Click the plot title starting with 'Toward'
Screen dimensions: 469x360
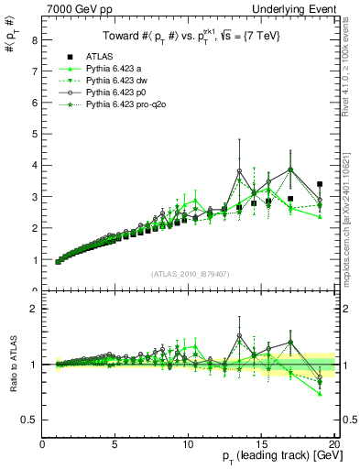(190, 36)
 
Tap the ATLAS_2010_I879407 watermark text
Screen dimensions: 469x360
(190, 272)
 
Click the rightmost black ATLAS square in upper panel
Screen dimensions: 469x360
(319, 184)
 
